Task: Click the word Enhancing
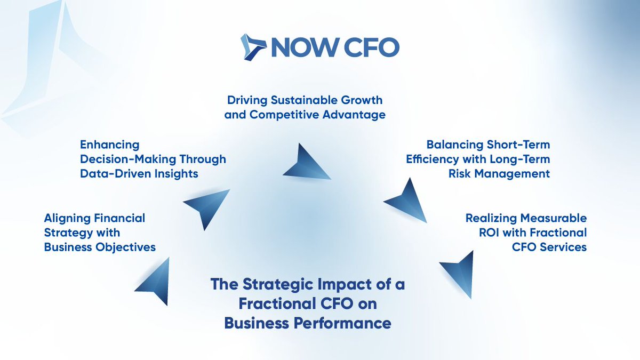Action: coord(109,145)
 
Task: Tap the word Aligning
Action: coord(67,218)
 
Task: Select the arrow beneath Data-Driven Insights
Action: coord(205,205)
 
